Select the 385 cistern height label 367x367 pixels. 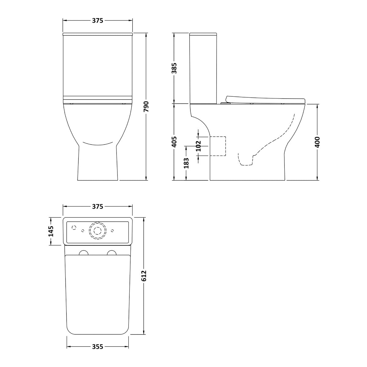174,69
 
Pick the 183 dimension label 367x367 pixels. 186,162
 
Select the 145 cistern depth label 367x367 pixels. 51,231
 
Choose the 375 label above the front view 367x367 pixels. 98,20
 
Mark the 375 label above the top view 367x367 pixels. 98,206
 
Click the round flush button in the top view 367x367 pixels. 98,231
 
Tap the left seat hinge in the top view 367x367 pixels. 83,253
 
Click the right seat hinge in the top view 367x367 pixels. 112,253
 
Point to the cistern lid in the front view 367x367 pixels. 98,34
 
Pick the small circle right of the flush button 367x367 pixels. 113,231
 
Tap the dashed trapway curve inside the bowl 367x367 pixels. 275,141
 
